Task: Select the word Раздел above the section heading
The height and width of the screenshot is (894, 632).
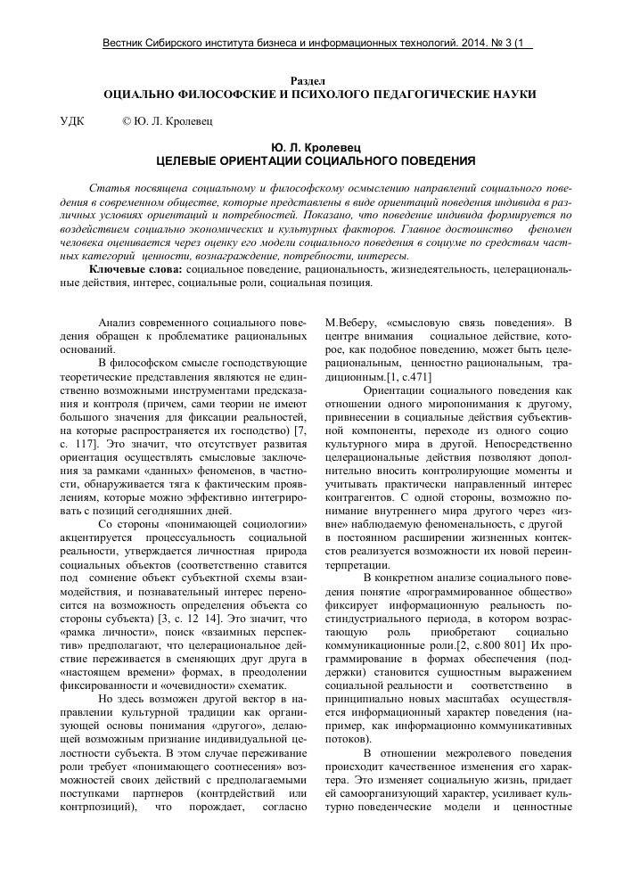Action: tap(316, 80)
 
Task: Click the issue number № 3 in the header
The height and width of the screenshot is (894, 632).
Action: tap(512, 43)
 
